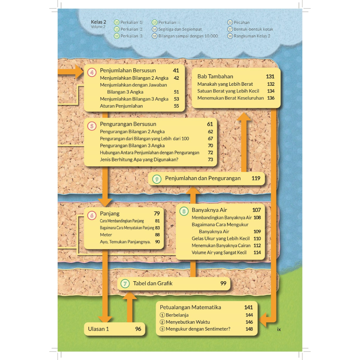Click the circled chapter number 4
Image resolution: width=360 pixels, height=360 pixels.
[92, 73]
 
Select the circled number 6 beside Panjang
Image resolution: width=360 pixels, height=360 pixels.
[92, 215]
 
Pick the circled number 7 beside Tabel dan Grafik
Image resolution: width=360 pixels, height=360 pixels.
[125, 283]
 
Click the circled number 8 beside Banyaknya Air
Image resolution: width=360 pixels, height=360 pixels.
[184, 212]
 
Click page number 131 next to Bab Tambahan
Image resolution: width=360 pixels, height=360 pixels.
[270, 76]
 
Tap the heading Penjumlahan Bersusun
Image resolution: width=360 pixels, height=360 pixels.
[128, 70]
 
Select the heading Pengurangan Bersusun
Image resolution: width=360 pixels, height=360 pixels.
[128, 124]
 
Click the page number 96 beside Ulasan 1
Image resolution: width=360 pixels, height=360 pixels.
[138, 329]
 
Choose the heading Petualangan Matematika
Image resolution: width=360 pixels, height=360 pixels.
[191, 307]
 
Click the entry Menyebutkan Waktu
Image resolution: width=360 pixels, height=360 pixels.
[188, 322]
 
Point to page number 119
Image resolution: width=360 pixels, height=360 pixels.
[256, 178]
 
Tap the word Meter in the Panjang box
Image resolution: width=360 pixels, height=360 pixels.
[106, 234]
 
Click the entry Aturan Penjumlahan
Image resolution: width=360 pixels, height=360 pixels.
[121, 106]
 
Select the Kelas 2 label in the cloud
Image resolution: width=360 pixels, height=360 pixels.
[98, 22]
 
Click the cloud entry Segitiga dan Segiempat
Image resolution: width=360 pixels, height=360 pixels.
[180, 29]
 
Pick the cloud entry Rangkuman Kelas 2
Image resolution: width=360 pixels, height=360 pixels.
[252, 36]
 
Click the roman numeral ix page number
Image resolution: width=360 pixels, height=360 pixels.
[279, 329]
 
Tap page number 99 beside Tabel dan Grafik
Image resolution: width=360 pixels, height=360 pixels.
[223, 283]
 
